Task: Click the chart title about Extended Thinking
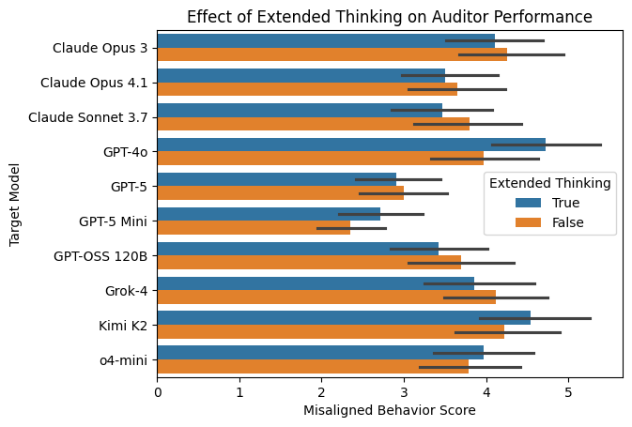pyautogui.click(x=389, y=16)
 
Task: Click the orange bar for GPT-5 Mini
pyautogui.click(x=254, y=227)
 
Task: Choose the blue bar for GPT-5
pyautogui.click(x=276, y=178)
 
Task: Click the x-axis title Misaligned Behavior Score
pyautogui.click(x=389, y=411)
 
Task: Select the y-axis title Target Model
pyautogui.click(x=14, y=204)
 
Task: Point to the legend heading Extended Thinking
pyautogui.click(x=550, y=183)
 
